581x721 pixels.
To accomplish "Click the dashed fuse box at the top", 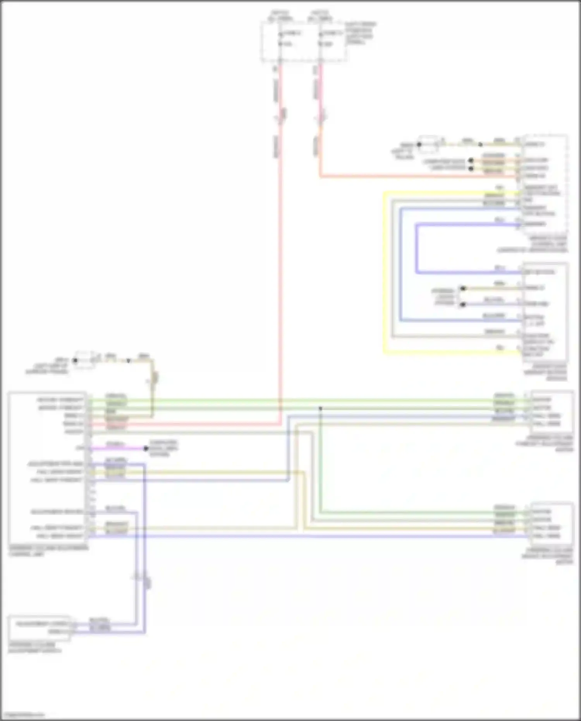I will pos(303,42).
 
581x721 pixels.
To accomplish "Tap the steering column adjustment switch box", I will pos(39,628).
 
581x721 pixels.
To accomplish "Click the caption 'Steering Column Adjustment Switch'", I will pos(34,648).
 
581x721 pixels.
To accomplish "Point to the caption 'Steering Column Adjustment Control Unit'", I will pos(48,551).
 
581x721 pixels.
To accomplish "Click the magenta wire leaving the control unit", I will pos(116,449).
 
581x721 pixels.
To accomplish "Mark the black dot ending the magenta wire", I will pos(146,449).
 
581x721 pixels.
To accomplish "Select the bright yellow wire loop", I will pos(385,271).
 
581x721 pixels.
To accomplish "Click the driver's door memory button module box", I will pos(545,312).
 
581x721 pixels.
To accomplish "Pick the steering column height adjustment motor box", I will pos(552,523).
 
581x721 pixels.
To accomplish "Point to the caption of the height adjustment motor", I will pos(547,556).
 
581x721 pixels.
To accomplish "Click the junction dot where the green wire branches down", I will pos(320,408).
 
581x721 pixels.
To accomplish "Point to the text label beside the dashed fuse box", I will pos(360,33).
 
